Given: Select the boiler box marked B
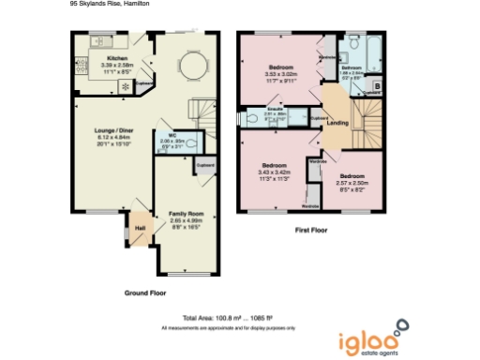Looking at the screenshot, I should point(377,86).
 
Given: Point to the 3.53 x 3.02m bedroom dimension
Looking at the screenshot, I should point(282,75).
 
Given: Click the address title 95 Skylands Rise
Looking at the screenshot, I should point(109,4).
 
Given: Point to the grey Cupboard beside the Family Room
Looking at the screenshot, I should point(205,165).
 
